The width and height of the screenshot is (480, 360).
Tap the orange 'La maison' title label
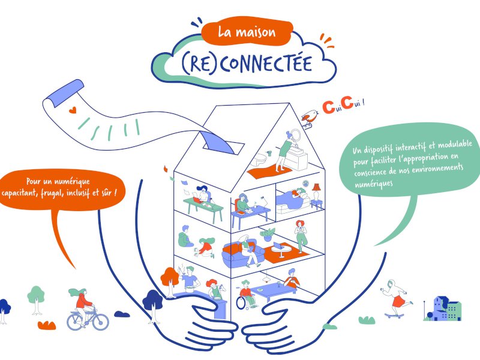(x=246, y=32)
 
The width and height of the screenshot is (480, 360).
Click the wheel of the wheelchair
(x=241, y=304)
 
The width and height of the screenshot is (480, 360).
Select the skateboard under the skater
(x=397, y=314)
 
